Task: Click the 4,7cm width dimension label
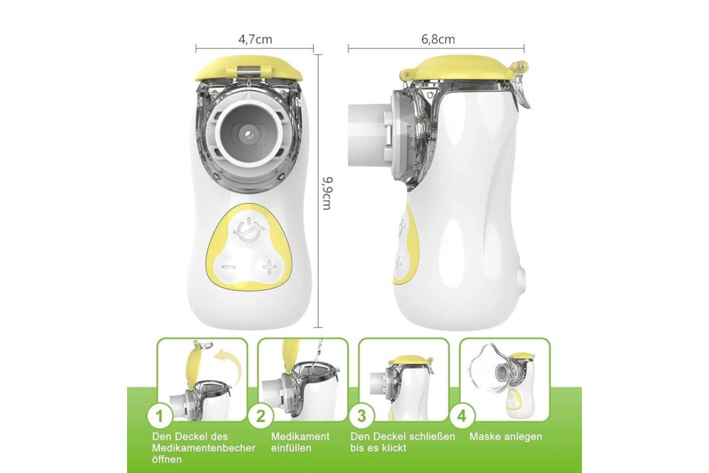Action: (x=255, y=40)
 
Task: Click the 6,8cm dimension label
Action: (x=438, y=40)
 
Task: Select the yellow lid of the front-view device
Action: (x=249, y=68)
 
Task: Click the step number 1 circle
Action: (x=160, y=416)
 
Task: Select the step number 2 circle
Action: (x=261, y=416)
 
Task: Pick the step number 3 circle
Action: (x=362, y=416)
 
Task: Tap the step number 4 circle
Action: (x=462, y=416)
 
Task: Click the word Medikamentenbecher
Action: (x=203, y=448)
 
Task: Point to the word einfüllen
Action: (x=291, y=448)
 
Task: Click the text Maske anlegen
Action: (x=506, y=436)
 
